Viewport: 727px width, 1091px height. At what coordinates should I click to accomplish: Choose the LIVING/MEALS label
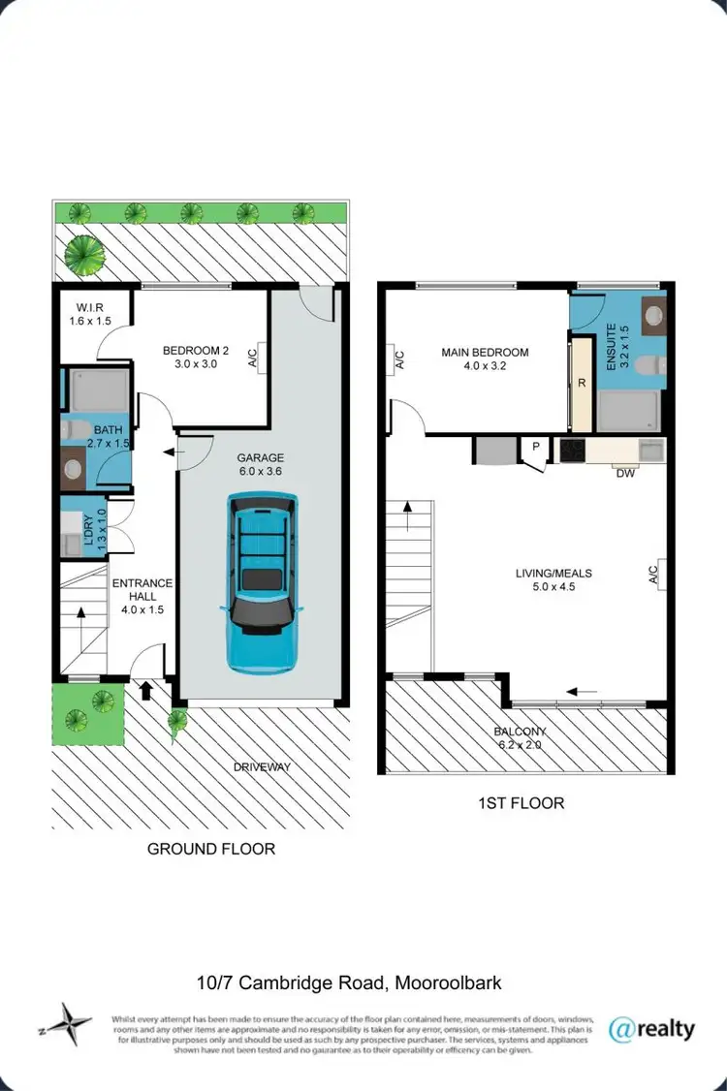553,579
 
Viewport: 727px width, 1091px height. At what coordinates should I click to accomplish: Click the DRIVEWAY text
262,767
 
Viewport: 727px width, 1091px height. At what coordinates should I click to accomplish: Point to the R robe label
582,382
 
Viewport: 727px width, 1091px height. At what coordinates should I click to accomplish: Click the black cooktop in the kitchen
572,450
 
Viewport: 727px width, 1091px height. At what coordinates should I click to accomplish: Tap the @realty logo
650,1028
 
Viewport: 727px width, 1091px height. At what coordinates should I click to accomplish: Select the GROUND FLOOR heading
211,849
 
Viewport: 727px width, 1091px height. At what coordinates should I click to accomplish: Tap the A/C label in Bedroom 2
253,358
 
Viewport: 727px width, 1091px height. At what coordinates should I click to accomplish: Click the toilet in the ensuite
654,365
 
